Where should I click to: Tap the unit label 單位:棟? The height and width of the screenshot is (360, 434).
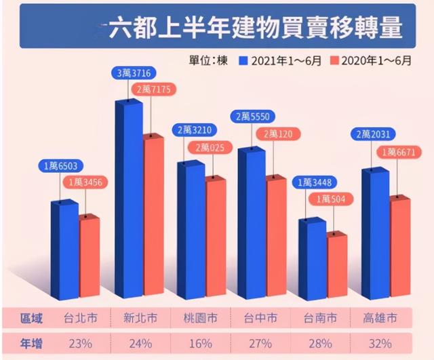208,61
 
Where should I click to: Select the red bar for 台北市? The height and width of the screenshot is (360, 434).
90,256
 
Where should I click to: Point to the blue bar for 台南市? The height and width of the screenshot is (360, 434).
312,258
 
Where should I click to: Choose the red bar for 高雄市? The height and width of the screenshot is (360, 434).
400,247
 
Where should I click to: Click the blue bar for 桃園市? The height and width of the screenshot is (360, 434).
190,231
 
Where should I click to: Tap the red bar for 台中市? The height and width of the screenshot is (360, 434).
276,237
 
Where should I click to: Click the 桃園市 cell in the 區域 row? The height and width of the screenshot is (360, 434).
199,317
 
